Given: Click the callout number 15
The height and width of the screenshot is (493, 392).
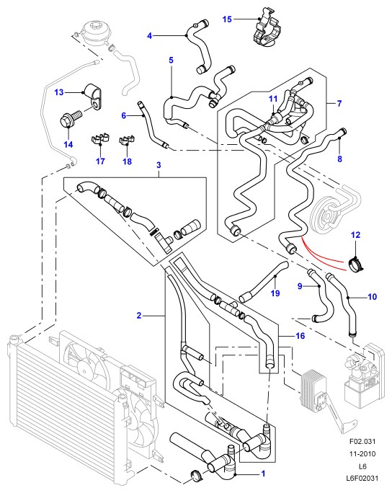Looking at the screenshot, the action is click(227, 19).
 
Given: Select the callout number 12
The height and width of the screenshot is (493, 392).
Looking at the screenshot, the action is click(355, 234).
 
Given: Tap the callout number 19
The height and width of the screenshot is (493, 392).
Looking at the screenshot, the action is click(275, 293).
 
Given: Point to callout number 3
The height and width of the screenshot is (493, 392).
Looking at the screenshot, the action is click(159, 165).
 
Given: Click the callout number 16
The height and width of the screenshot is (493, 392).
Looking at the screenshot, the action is click(300, 336).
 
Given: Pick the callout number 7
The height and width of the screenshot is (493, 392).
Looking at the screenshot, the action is click(339, 103).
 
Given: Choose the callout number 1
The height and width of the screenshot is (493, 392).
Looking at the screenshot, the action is click(263, 474).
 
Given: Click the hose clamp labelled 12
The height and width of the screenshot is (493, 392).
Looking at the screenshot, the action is click(356, 264).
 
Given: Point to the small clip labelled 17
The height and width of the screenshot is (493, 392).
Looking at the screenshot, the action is click(100, 139).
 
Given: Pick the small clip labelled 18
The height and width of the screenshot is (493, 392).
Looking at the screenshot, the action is click(127, 140).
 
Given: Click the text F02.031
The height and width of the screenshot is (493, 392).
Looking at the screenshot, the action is click(362, 441).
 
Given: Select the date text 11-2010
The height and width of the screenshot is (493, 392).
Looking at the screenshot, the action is click(362, 453).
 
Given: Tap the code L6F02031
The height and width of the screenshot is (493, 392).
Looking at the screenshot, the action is click(362, 478).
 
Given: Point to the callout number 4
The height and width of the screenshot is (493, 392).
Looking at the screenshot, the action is click(150, 36).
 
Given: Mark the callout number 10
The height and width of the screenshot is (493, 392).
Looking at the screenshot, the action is click(373, 296).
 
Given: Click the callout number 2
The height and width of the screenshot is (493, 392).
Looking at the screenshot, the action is click(139, 315).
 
